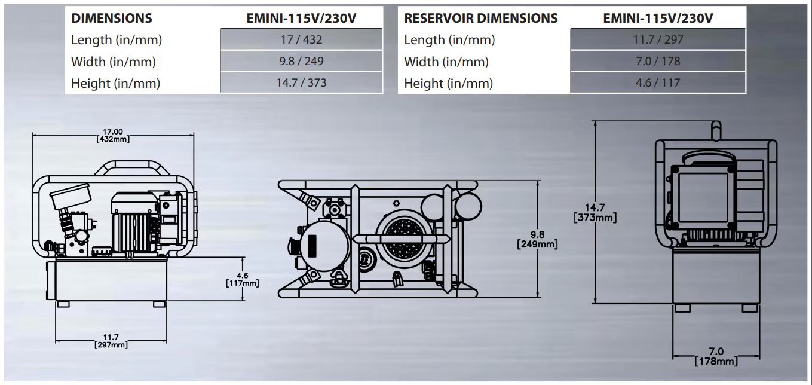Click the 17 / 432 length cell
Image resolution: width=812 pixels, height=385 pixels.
coord(301,39)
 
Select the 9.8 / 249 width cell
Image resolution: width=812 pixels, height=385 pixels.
coord(301,61)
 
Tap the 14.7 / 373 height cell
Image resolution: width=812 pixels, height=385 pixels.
coord(301,82)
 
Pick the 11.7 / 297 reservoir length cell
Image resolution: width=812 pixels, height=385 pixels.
coord(658,39)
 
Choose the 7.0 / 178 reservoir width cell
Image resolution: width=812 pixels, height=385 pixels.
coord(658,61)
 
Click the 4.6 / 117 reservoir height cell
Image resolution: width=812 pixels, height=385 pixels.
coord(658,82)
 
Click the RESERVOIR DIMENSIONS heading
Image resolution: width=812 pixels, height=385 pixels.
coord(480,18)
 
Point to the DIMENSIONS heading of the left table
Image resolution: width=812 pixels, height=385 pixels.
coord(112,18)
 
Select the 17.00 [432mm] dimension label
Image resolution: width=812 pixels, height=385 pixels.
coord(113,135)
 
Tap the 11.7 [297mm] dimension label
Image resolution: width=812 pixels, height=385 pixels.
coord(111,341)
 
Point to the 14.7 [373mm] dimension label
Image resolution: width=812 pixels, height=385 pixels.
coord(595,213)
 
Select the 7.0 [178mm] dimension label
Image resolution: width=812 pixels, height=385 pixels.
coord(716,357)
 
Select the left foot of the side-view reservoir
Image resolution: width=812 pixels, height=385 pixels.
coord(63,304)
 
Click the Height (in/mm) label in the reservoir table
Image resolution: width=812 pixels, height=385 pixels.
coord(448,83)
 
